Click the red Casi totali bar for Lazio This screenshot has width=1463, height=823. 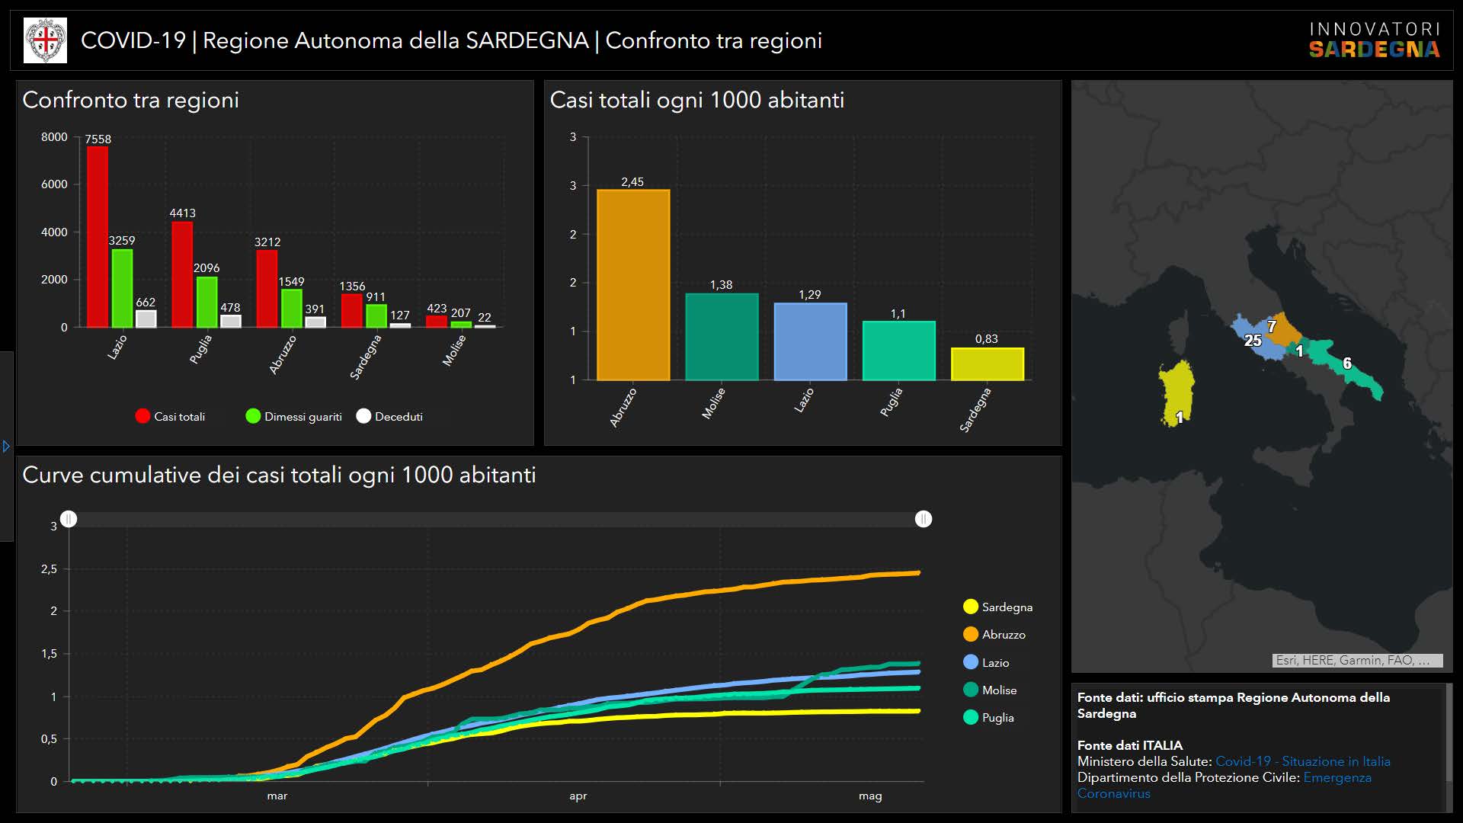point(98,236)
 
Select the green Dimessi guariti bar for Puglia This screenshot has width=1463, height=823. point(206,302)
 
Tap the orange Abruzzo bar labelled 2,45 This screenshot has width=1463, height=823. point(633,284)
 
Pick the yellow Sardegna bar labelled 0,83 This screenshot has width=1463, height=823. point(987,364)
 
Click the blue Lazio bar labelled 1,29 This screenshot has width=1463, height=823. point(810,341)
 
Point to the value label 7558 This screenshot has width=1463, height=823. point(98,139)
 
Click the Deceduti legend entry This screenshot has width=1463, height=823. point(389,416)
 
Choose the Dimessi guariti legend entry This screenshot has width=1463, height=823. point(294,416)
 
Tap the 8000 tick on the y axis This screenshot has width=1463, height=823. point(54,137)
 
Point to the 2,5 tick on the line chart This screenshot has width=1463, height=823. point(49,569)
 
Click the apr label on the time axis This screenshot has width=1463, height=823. point(578,796)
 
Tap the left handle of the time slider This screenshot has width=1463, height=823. point(69,519)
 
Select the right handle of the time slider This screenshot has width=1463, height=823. point(924,519)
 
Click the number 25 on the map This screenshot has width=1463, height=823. point(1253,341)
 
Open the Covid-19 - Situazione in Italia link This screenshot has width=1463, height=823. point(1302,761)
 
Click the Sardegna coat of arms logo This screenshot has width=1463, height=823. point(46,40)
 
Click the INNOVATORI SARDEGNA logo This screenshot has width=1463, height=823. point(1374,40)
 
